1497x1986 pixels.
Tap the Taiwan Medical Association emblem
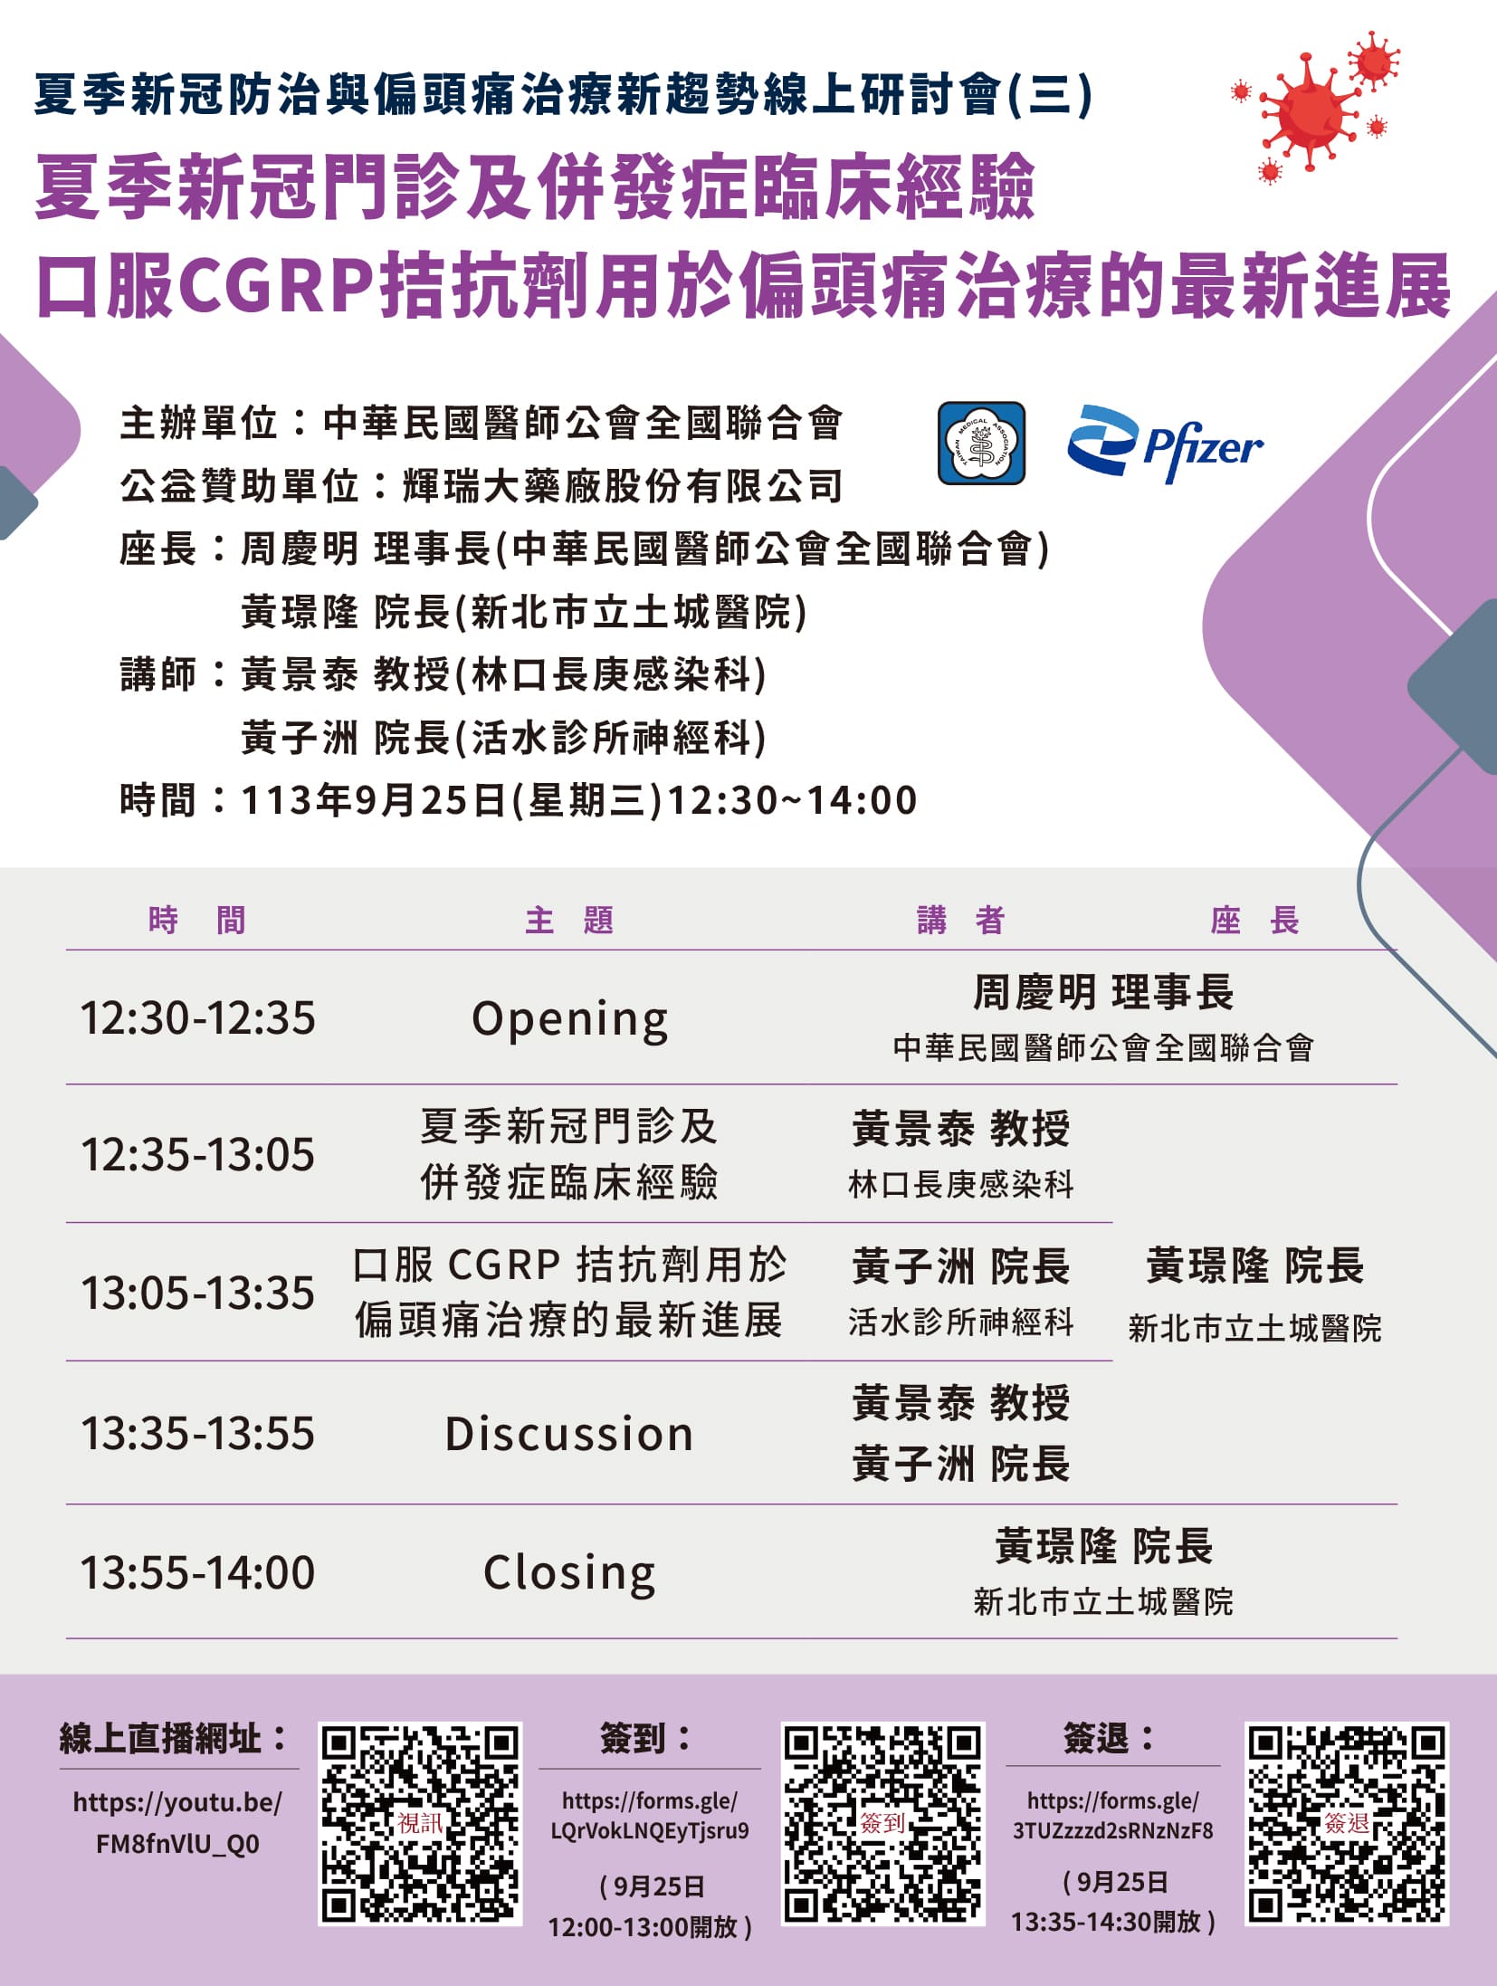click(x=981, y=443)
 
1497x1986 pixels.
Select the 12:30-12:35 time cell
click(x=198, y=1017)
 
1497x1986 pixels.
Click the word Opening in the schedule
click(x=570, y=1020)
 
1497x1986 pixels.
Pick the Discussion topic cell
click(x=569, y=1434)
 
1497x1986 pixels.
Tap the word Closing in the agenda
click(x=570, y=1574)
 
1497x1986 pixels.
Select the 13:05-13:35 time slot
click(x=198, y=1293)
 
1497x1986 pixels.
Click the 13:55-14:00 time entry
click(x=198, y=1572)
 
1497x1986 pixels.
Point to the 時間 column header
click(x=197, y=920)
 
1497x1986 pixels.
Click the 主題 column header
click(x=569, y=920)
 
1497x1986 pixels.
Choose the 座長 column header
click(x=1254, y=920)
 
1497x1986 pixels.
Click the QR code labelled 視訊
click(x=421, y=1823)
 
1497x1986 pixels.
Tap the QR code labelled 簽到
click(x=883, y=1823)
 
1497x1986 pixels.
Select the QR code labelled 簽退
click(x=1347, y=1823)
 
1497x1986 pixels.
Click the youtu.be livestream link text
click(x=177, y=1822)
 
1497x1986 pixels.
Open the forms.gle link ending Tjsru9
click(x=650, y=1815)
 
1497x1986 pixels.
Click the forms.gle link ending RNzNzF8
click(x=1112, y=1815)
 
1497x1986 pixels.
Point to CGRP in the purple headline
click(x=276, y=286)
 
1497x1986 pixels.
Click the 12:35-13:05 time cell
click(x=198, y=1154)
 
